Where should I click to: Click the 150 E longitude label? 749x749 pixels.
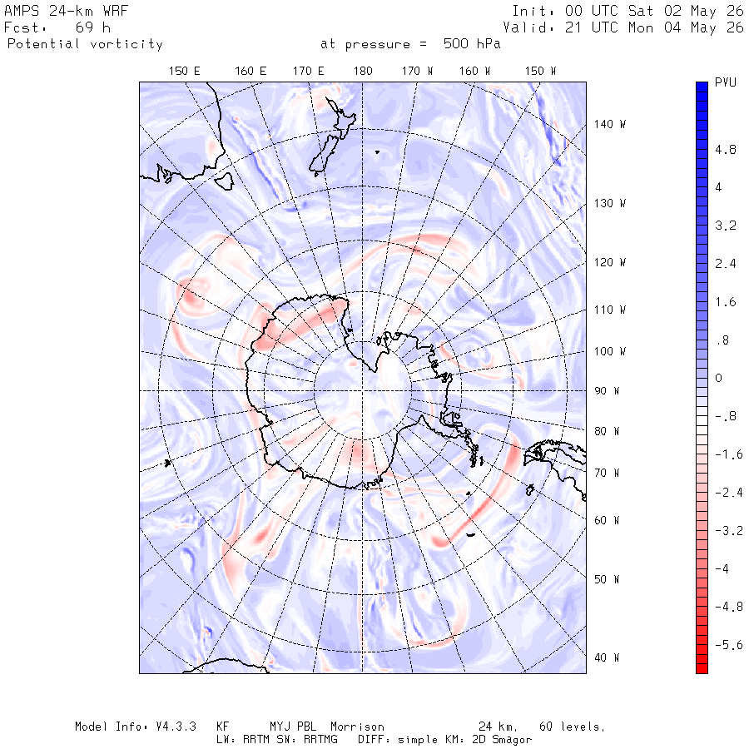185,72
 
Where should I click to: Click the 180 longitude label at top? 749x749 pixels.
363,72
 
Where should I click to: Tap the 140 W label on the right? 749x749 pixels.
610,124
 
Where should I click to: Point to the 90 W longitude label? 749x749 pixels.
607,391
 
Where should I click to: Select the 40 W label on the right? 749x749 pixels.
607,657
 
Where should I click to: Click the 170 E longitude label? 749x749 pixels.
309,72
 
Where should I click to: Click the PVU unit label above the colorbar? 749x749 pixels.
726,82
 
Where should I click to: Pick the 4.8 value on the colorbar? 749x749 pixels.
726,150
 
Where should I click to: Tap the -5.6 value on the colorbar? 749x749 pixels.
729,645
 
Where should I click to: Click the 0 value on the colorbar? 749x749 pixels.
718,379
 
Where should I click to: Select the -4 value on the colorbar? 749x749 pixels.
722,569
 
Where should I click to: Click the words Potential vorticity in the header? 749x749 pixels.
85,44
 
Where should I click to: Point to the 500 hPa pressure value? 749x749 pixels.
472,44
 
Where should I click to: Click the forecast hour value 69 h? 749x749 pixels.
93,27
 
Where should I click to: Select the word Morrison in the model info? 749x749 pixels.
357,727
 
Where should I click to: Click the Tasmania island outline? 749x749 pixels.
224,181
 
